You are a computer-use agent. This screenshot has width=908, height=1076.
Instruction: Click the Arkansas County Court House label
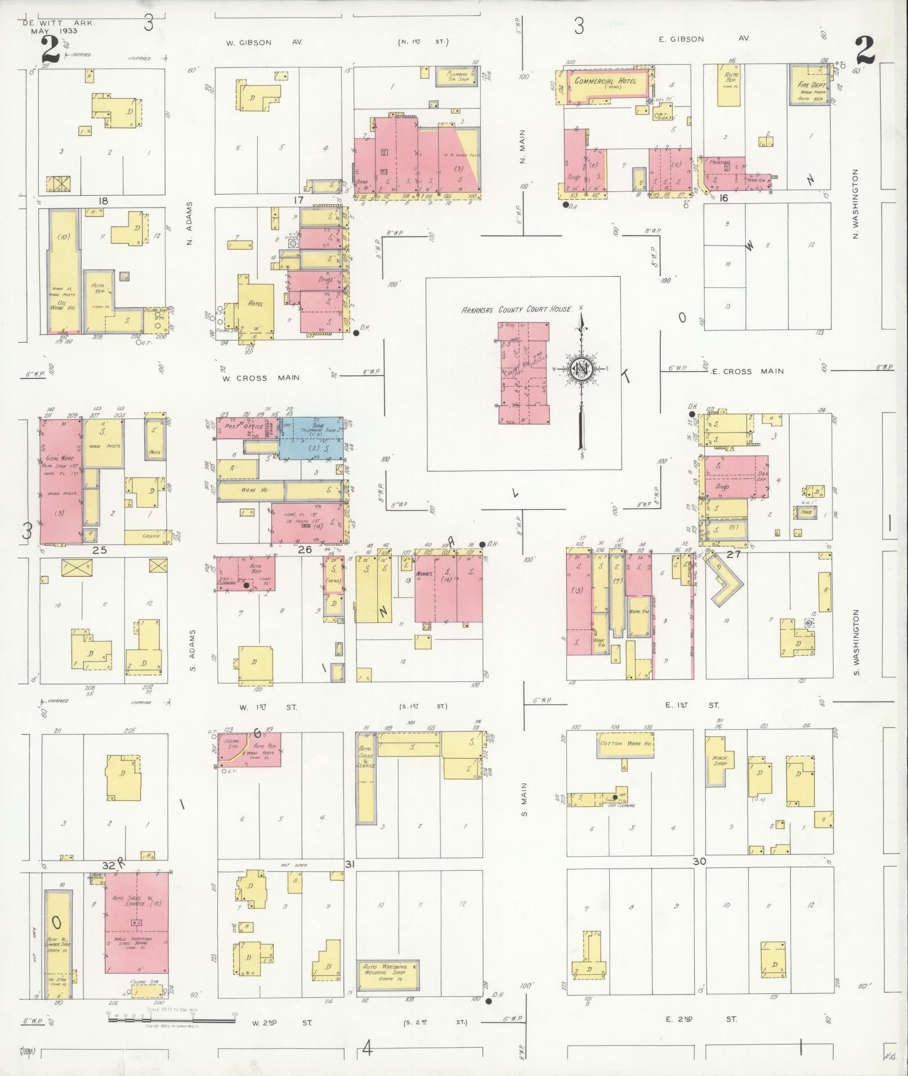pos(516,309)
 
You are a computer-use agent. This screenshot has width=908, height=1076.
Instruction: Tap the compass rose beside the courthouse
pos(579,369)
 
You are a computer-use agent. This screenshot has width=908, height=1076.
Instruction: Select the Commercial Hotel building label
pos(605,82)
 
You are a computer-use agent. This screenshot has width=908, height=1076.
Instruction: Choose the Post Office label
pos(237,426)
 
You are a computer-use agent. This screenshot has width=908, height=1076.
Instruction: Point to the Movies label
pos(426,574)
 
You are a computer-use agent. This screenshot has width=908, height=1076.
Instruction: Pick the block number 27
pos(733,554)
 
